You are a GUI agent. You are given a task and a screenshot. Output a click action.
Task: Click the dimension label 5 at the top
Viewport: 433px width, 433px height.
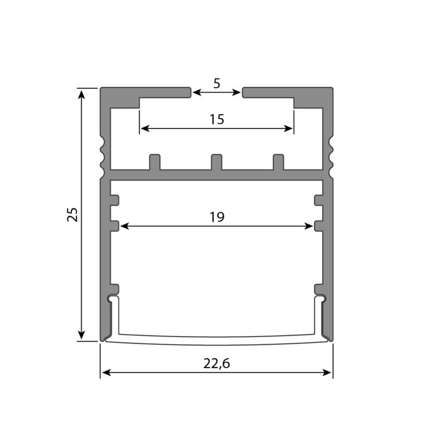coord(217,83)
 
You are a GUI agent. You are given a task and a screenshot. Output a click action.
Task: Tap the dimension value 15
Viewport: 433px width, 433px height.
coord(217,119)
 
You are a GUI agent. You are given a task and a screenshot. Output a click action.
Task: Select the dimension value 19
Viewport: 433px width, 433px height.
coord(217,217)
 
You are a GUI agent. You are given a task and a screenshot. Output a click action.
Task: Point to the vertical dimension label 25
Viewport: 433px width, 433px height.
coord(73,214)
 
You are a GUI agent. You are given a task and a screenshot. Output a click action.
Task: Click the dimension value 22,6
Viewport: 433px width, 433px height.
coord(216,364)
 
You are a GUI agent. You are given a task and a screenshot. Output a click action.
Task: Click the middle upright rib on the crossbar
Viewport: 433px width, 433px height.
coord(216,162)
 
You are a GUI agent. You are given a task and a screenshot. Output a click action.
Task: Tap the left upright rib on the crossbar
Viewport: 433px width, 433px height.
coord(155,162)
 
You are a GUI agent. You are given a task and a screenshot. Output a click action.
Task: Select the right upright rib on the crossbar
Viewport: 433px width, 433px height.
coord(278,162)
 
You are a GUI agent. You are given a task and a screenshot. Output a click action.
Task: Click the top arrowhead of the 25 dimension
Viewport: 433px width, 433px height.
coord(81,94)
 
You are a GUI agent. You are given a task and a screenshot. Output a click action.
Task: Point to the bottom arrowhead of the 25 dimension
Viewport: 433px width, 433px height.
coord(81,334)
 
